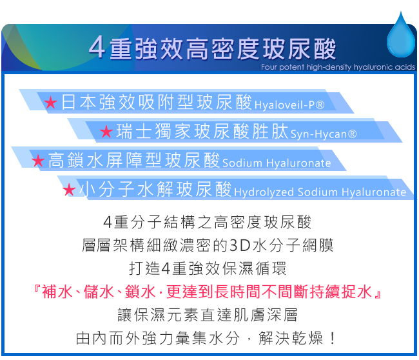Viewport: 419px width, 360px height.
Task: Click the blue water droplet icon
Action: click(x=401, y=36)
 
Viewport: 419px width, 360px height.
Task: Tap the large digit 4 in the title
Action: click(x=97, y=47)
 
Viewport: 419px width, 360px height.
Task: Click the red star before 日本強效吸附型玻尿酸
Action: click(x=50, y=103)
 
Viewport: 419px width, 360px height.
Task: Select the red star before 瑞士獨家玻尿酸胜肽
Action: click(x=106, y=132)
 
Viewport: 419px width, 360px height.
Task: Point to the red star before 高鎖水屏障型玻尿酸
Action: click(x=38, y=160)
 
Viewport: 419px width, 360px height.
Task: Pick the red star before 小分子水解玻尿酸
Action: click(x=69, y=190)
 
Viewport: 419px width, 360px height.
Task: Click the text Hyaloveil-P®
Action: click(x=289, y=105)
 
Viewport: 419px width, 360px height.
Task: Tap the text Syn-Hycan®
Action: click(x=324, y=134)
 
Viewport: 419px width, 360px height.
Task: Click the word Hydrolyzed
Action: click(x=264, y=192)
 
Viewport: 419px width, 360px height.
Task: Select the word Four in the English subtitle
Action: click(x=269, y=67)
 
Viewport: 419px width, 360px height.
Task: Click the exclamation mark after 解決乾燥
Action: click(x=333, y=338)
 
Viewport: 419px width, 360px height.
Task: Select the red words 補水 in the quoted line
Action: click(x=57, y=291)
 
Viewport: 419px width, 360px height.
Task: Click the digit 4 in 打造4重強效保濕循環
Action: click(x=166, y=268)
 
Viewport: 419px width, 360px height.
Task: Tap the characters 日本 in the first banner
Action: click(x=78, y=102)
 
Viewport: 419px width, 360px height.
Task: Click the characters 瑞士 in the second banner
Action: click(x=133, y=131)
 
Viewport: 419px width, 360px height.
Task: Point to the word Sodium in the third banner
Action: click(x=242, y=163)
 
